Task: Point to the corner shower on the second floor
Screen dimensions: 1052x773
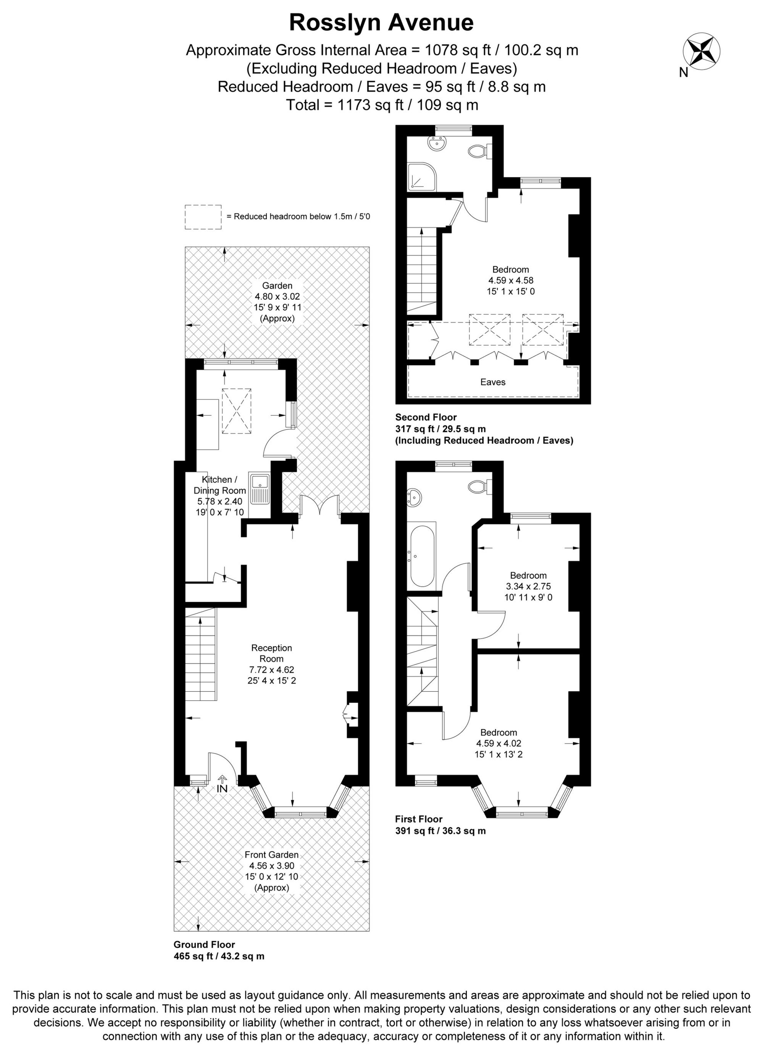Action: click(421, 176)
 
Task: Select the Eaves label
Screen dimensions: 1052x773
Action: click(493, 382)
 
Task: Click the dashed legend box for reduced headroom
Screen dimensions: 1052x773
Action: click(203, 217)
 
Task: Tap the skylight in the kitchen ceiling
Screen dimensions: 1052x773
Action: click(236, 411)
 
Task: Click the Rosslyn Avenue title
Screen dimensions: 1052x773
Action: click(381, 23)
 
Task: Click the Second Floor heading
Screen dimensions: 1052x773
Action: click(426, 417)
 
